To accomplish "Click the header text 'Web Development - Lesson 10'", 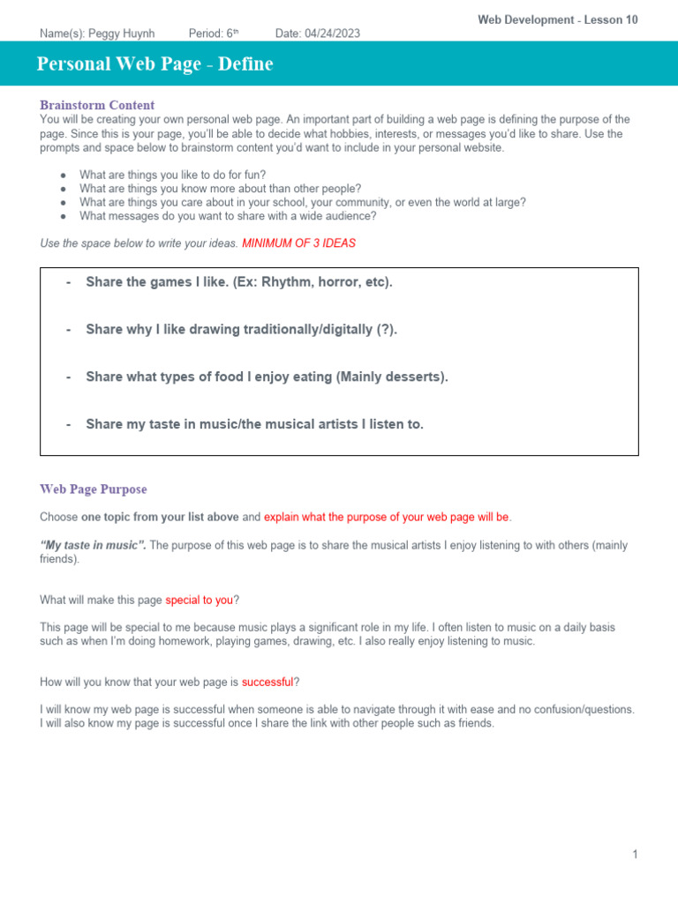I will click(558, 19).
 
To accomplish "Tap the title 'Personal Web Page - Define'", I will click(155, 64).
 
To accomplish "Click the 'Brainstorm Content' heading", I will click(97, 105).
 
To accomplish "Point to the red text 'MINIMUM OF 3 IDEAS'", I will click(298, 243).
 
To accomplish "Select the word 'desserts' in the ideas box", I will click(417, 377).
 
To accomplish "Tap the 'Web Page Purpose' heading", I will click(94, 489).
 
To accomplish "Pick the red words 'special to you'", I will click(199, 601).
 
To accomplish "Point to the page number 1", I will click(635, 854).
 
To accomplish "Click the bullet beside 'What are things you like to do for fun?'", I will click(63, 175).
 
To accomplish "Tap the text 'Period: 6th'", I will click(214, 34).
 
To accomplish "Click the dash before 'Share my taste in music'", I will click(68, 424).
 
